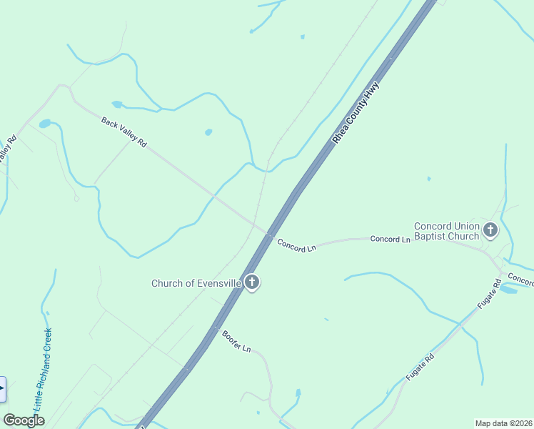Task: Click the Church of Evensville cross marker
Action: pyautogui.click(x=251, y=282)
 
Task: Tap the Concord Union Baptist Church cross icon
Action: pyautogui.click(x=490, y=230)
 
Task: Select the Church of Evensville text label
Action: pyautogui.click(x=196, y=283)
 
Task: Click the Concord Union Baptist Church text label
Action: pyautogui.click(x=446, y=231)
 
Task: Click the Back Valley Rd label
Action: pyautogui.click(x=124, y=132)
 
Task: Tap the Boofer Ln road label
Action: pyautogui.click(x=236, y=341)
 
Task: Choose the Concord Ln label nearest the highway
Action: pyautogui.click(x=296, y=245)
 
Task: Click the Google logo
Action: pyautogui.click(x=24, y=420)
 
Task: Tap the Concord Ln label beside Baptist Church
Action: pyautogui.click(x=390, y=238)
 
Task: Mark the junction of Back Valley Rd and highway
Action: pyautogui.click(x=270, y=235)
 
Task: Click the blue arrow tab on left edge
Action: pyautogui.click(x=2, y=389)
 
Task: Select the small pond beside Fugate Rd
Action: pyautogui.click(x=508, y=289)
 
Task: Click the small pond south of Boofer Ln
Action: pyautogui.click(x=298, y=394)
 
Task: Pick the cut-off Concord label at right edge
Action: pyautogui.click(x=521, y=279)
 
